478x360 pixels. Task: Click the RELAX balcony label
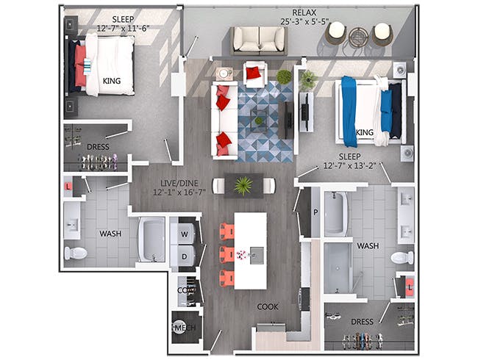click(304, 12)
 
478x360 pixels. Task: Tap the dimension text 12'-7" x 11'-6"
click(123, 29)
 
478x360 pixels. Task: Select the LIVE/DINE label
click(179, 184)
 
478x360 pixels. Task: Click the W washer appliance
click(184, 234)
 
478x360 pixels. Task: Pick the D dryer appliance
click(184, 256)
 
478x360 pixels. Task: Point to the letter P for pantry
click(315, 212)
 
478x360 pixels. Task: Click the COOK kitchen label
click(268, 306)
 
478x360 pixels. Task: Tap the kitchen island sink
click(257, 256)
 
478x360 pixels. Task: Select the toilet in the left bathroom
click(76, 253)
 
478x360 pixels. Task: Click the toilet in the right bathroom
click(402, 258)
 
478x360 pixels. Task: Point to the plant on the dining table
click(243, 186)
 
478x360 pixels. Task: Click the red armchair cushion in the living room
click(253, 73)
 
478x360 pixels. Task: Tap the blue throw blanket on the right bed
click(349, 112)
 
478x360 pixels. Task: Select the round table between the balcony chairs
click(359, 37)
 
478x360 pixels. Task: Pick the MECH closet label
click(184, 328)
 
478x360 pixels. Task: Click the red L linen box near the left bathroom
click(68, 186)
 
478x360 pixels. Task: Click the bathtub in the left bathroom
click(151, 240)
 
